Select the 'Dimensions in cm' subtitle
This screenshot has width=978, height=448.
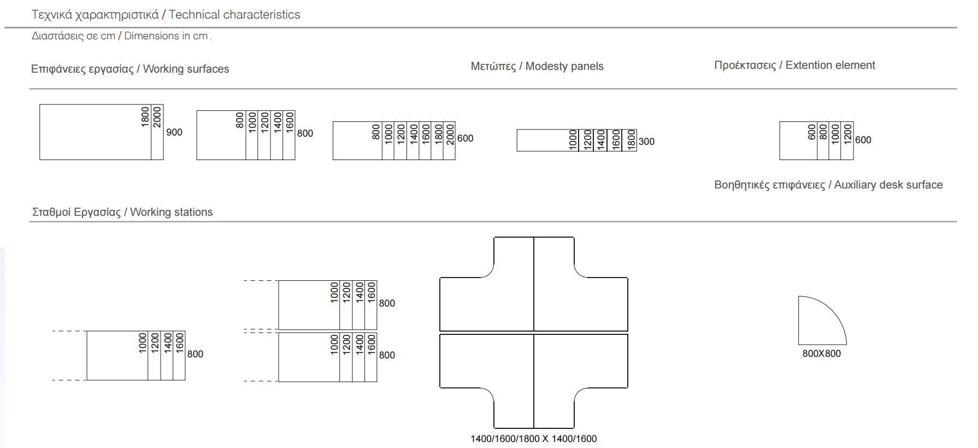tap(166, 36)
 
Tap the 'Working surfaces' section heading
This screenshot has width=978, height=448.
tap(186, 69)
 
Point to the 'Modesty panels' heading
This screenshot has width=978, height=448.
tap(564, 66)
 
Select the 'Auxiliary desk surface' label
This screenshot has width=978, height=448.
tap(888, 185)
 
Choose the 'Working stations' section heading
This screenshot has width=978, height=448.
tap(171, 212)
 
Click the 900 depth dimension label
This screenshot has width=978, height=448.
tap(174, 132)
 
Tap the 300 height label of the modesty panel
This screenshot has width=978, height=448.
tap(646, 142)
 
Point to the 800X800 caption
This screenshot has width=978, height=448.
tap(821, 353)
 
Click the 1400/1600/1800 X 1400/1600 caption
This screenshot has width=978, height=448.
tap(533, 439)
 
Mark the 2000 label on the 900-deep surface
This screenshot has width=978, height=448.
tap(157, 117)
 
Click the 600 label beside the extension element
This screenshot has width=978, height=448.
tap(863, 140)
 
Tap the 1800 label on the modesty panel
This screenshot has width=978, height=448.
tap(631, 140)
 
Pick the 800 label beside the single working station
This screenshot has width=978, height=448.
tap(195, 354)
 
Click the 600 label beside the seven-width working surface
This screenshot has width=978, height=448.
tap(465, 138)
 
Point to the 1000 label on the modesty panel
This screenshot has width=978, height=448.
tap(573, 140)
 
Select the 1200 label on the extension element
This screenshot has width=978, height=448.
tap(847, 132)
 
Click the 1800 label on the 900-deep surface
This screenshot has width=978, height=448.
tap(145, 117)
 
